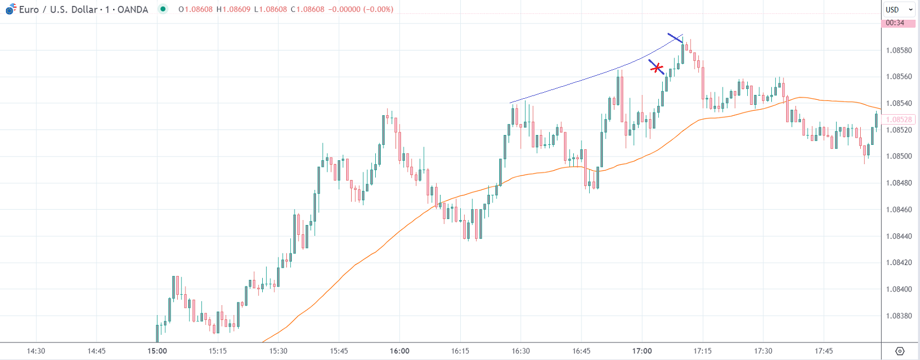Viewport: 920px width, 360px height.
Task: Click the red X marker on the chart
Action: click(x=657, y=68)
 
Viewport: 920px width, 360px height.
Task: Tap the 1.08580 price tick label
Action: click(x=899, y=50)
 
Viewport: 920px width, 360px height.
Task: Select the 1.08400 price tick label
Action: click(x=899, y=289)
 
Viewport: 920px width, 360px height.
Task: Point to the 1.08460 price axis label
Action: click(x=899, y=210)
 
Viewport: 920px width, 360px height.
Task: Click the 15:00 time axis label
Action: click(x=157, y=351)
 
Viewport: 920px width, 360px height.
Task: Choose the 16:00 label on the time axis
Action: click(x=399, y=351)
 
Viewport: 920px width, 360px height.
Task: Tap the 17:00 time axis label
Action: click(x=642, y=351)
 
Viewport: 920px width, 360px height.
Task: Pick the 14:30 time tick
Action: click(x=36, y=351)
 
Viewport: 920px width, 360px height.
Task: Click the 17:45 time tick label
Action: click(x=823, y=351)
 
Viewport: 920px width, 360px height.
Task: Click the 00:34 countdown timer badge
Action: click(x=895, y=23)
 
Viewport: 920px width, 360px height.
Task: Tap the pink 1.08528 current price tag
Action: click(x=899, y=119)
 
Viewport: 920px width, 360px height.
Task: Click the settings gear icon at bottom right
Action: click(x=900, y=351)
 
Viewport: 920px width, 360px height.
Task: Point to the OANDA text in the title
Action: click(x=133, y=9)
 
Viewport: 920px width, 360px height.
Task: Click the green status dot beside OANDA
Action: click(x=163, y=9)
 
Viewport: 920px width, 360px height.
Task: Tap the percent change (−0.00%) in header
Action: click(x=378, y=9)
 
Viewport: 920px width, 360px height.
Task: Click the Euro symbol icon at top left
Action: click(x=10, y=9)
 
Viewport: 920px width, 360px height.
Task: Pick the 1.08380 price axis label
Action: click(x=899, y=316)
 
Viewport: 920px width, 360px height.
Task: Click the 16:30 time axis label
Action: click(x=521, y=351)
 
